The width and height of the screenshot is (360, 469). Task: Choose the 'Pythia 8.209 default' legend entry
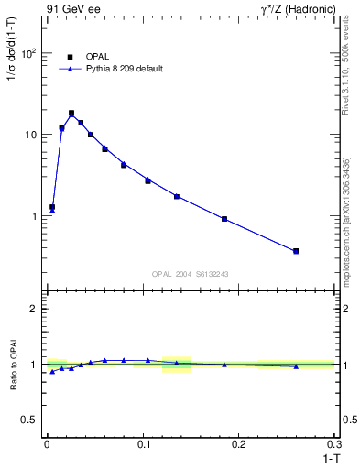(124, 69)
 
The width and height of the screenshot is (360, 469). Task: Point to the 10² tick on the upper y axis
(28, 53)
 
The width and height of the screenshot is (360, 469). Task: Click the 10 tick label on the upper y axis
(30, 135)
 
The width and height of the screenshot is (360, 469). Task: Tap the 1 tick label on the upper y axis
(33, 216)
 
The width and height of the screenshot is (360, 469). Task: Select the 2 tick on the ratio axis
(33, 309)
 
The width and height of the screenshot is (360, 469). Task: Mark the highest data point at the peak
(71, 114)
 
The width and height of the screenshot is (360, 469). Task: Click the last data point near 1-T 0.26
(296, 251)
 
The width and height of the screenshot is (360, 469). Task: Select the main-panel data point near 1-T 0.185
(224, 219)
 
